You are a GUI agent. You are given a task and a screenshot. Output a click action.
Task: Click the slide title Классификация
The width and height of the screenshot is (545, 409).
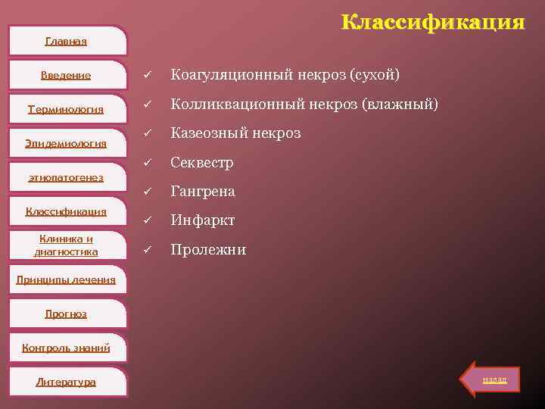[x=432, y=22]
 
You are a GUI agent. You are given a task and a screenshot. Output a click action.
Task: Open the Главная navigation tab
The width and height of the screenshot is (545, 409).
[x=66, y=41]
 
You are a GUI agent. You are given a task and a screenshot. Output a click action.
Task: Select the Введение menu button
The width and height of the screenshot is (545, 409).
[x=66, y=75]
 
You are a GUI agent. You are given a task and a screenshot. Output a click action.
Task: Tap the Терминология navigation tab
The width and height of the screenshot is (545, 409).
[x=66, y=109]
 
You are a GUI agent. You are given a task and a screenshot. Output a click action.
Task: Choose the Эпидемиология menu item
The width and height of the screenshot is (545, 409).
[x=66, y=143]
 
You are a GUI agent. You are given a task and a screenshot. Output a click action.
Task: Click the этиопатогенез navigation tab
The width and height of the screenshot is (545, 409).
[x=66, y=177]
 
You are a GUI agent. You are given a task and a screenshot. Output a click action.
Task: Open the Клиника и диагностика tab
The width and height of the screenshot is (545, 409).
[x=66, y=245]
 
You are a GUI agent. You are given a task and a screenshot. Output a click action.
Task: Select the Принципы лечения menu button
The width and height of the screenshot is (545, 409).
[x=66, y=279]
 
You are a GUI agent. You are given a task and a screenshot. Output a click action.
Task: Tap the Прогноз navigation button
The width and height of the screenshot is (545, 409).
[x=66, y=314]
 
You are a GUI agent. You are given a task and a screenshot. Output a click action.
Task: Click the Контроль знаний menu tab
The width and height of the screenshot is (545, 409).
[x=66, y=348]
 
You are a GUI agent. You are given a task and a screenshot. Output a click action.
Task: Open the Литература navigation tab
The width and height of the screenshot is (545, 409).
[x=66, y=382]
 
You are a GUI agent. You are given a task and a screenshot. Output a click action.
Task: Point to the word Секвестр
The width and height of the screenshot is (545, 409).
[x=202, y=163]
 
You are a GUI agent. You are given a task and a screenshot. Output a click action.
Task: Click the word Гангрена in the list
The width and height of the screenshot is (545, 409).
[x=203, y=192]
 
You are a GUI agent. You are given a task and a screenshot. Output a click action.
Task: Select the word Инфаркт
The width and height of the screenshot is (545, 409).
[x=203, y=220]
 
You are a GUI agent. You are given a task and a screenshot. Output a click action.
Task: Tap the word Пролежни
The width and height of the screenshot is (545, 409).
[x=208, y=249]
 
